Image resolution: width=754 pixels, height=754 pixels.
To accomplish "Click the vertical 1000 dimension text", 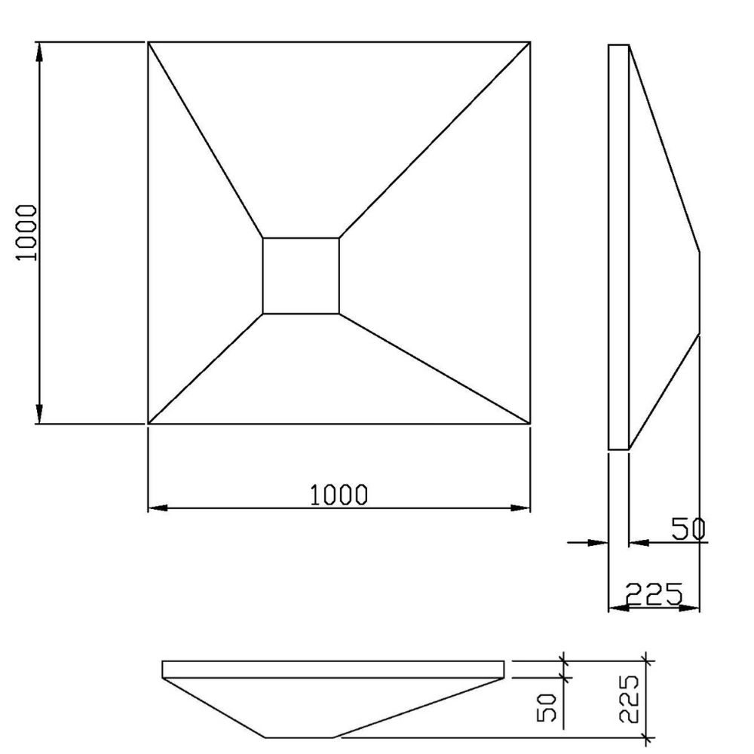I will click(x=26, y=231).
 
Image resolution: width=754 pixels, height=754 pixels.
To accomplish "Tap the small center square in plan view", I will click(x=301, y=275).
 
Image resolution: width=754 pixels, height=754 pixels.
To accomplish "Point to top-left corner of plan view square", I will click(x=148, y=42).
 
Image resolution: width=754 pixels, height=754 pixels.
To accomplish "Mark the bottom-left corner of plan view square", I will click(x=148, y=424).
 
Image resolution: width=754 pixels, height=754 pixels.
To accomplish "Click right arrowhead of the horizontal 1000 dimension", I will click(x=521, y=507).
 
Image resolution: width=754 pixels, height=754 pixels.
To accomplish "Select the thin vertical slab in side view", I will click(x=618, y=247).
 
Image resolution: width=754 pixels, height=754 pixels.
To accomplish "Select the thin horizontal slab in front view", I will click(x=333, y=669).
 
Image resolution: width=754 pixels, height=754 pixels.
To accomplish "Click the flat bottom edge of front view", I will click(x=301, y=737).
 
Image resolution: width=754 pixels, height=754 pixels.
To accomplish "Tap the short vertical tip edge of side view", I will click(x=699, y=294).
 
